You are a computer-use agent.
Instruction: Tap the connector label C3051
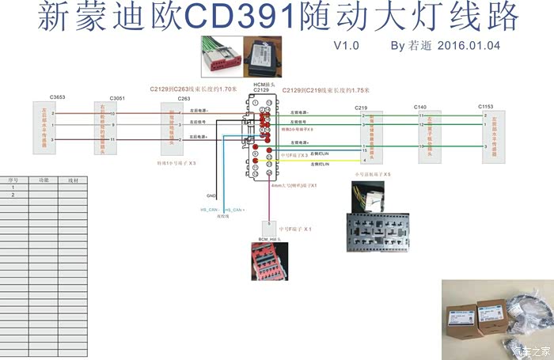[117, 98]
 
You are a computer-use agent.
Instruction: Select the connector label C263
[184, 98]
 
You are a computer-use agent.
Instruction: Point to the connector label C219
[362, 107]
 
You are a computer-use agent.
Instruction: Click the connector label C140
[420, 106]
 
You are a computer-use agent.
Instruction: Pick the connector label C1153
[485, 106]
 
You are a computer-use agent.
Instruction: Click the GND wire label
[211, 195]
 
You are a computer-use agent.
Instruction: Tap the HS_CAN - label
[210, 209]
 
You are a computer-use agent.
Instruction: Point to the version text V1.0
[346, 45]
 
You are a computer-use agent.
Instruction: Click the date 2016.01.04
[469, 45]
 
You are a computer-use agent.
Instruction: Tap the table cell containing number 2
[13, 194]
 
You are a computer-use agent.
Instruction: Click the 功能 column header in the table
[44, 180]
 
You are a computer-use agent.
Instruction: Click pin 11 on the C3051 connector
[113, 139]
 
